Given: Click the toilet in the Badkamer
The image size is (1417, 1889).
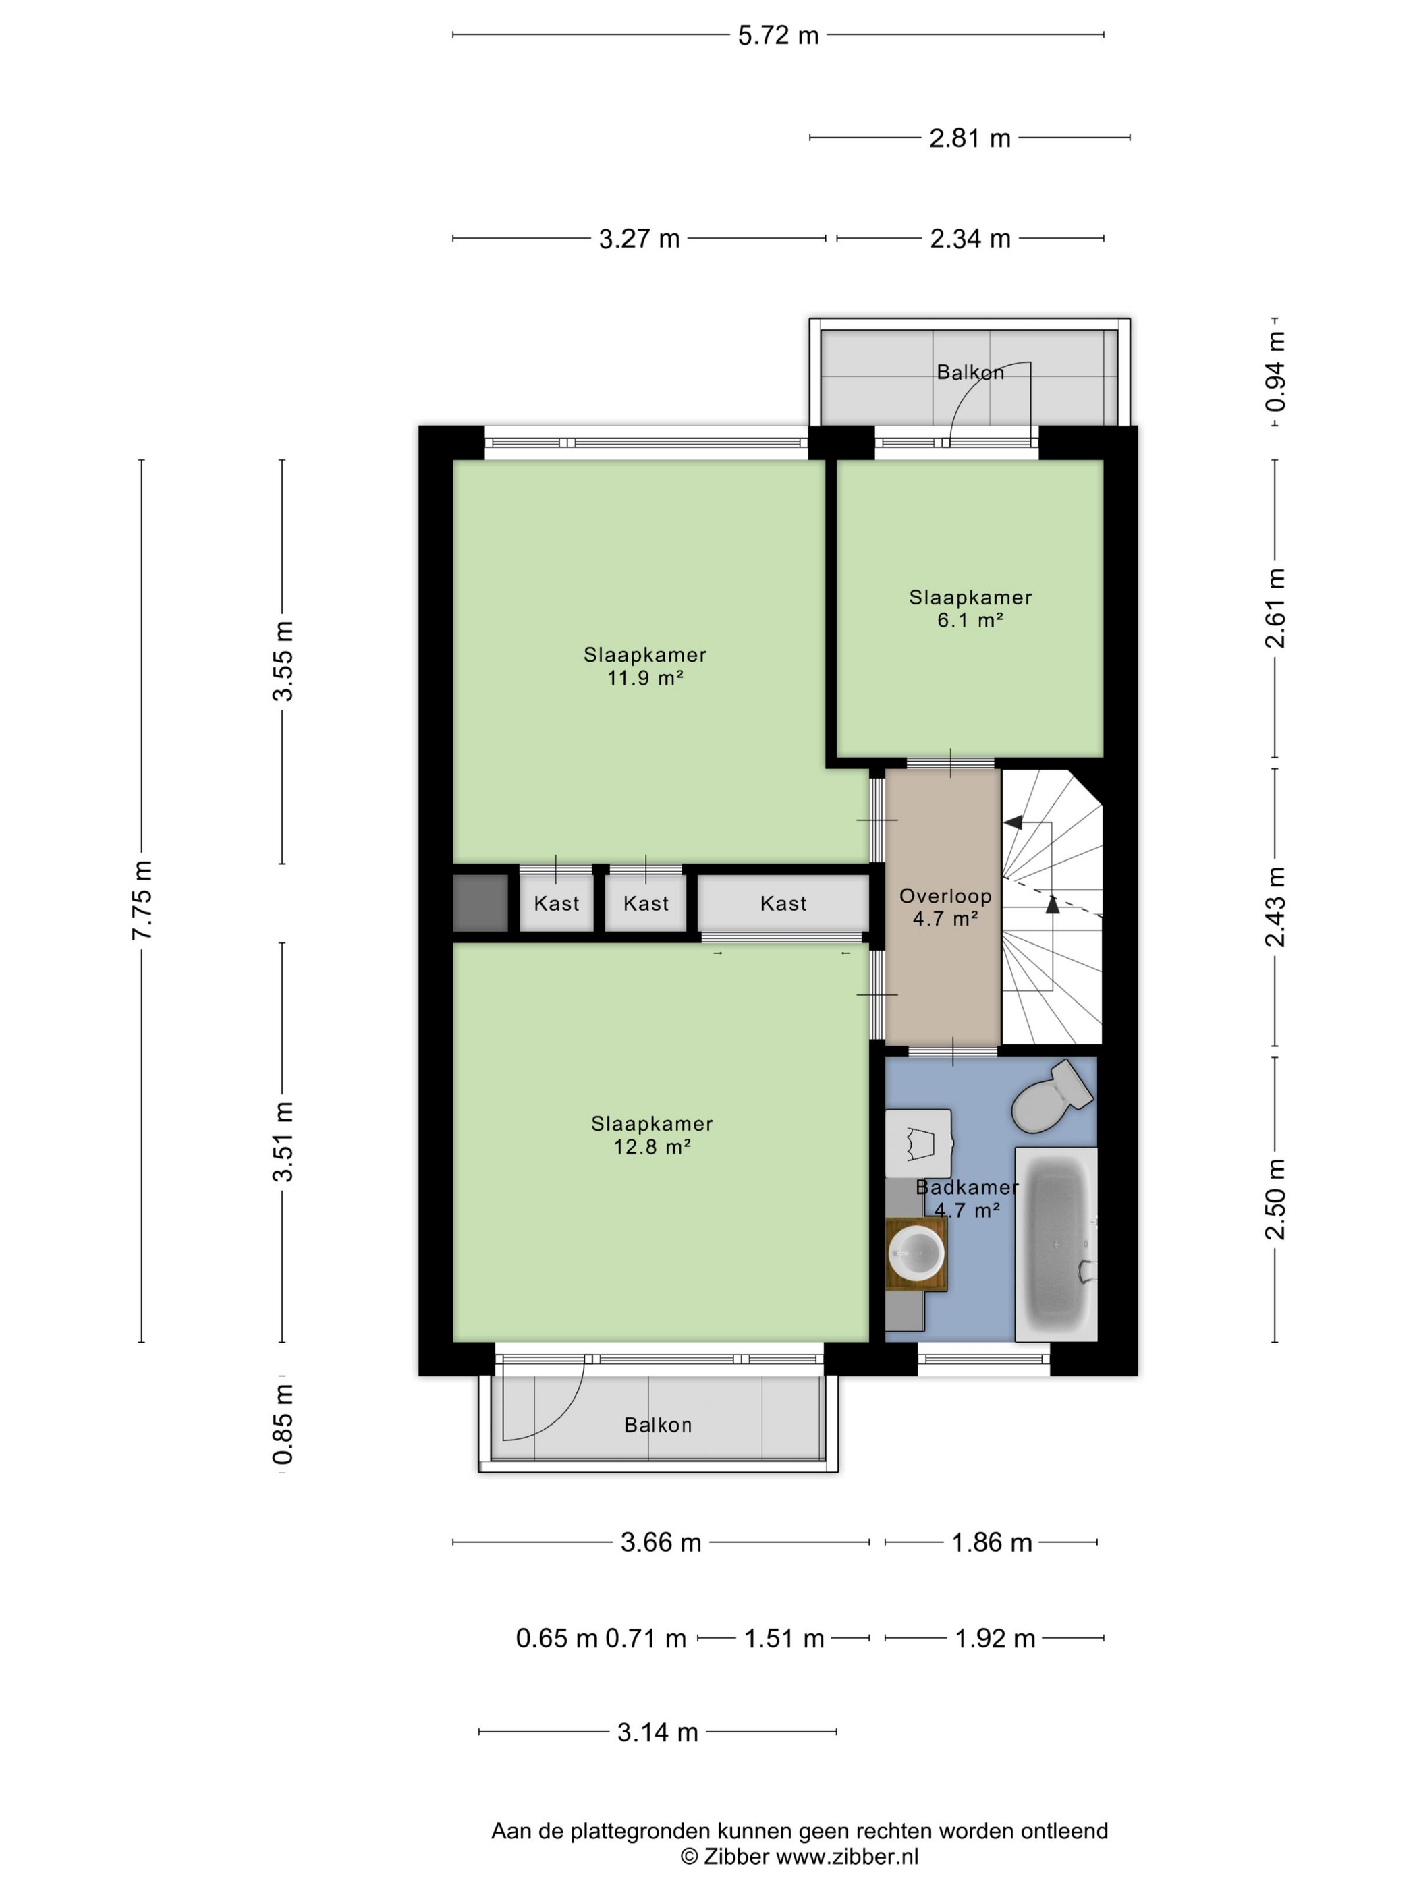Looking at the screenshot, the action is point(1051,1096).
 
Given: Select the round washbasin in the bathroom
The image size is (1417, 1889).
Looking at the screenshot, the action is point(916,1253).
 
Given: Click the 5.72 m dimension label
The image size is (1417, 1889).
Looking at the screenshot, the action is point(778,36).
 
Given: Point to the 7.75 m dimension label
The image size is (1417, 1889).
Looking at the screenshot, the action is point(142,900).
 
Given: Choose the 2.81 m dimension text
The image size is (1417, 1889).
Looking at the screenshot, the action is point(970,138).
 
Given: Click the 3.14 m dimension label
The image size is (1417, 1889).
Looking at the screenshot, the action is point(658,1732).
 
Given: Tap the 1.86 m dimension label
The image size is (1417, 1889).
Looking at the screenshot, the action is point(992,1542).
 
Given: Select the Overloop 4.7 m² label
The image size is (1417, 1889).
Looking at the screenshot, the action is point(945,907).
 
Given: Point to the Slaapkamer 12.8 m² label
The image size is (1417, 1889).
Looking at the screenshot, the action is point(652,1135).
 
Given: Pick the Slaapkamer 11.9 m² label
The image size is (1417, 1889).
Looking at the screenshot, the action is point(645,666).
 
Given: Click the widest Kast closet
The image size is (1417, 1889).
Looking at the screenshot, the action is point(783,903).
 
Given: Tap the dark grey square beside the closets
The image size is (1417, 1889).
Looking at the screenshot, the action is point(480,903).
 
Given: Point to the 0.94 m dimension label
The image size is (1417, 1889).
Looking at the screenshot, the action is point(1275,372).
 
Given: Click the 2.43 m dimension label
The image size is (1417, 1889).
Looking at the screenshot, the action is point(1275,907).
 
